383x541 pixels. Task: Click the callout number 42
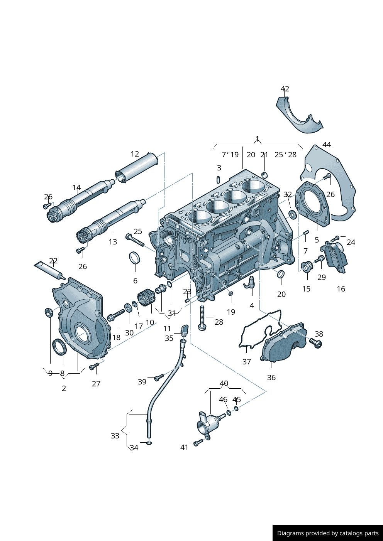click(x=285, y=89)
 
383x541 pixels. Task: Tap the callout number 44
click(x=327, y=145)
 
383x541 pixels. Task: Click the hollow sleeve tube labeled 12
click(x=137, y=168)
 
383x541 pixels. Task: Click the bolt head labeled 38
click(x=317, y=343)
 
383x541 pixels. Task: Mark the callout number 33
click(x=115, y=436)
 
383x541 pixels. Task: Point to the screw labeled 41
click(x=198, y=443)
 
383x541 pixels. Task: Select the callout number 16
click(x=341, y=289)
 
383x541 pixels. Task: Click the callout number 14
click(x=76, y=188)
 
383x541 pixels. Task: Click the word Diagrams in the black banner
click(x=290, y=533)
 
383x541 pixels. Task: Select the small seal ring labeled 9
click(x=49, y=312)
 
